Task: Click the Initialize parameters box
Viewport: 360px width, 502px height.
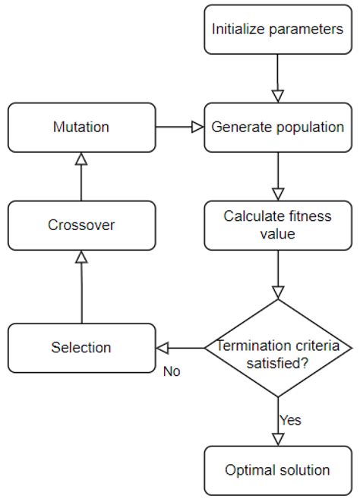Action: tap(277, 30)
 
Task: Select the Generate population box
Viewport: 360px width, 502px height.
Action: tap(277, 127)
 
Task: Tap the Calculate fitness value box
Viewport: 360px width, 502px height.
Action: tap(277, 225)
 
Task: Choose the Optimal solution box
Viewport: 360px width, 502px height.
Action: tap(277, 470)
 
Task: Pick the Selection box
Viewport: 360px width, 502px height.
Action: tap(81, 347)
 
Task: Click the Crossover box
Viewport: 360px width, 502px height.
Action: tap(81, 226)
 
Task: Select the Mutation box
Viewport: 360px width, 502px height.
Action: tap(81, 127)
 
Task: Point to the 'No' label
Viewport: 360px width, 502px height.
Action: tap(172, 372)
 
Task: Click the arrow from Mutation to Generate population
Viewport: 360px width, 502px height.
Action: tap(179, 127)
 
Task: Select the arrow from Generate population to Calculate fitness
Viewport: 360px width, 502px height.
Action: tap(277, 175)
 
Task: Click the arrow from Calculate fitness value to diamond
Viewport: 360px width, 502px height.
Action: tap(277, 273)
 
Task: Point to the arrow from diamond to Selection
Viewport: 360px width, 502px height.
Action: tap(180, 348)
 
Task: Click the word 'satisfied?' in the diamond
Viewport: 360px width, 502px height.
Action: tap(277, 363)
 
